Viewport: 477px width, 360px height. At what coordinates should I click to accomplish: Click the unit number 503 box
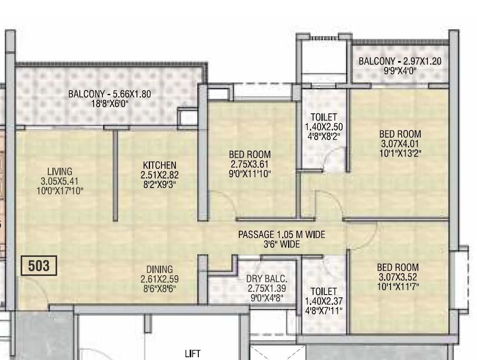[x=39, y=266]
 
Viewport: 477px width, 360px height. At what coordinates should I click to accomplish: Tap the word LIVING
[x=60, y=172]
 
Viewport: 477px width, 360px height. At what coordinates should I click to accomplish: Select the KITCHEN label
[x=160, y=165]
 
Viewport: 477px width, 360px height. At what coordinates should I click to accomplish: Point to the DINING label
[x=159, y=270]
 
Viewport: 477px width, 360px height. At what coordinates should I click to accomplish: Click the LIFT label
[x=193, y=353]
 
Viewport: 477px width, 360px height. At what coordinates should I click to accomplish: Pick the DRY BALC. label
[x=266, y=279]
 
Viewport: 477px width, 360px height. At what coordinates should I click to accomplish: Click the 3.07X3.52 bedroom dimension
[x=398, y=277]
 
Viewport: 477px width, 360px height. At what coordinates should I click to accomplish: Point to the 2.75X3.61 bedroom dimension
[x=250, y=164]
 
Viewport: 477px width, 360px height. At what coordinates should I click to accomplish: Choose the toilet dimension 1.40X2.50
[x=324, y=127]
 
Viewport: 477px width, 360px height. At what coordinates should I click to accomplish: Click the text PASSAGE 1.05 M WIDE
[x=281, y=235]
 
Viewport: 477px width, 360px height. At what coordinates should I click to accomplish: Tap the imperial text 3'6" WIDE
[x=281, y=244]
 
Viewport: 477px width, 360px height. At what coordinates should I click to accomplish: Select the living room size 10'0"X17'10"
[x=60, y=191]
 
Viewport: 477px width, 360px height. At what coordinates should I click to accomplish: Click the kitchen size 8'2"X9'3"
[x=160, y=184]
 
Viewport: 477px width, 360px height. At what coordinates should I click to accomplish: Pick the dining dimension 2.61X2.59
[x=159, y=279]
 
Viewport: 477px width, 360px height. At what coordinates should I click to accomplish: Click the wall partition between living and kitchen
[x=115, y=174]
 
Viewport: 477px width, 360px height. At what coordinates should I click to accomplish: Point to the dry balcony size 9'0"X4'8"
[x=266, y=298]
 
